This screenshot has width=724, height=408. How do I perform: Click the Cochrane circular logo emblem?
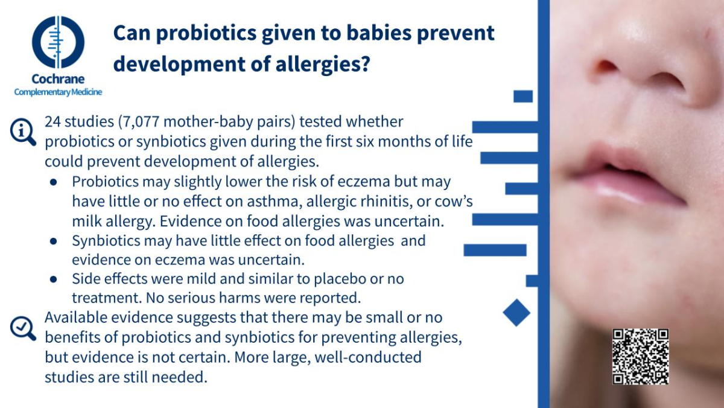58,42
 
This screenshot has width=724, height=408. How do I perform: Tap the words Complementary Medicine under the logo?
58,92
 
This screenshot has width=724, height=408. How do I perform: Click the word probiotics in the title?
206,33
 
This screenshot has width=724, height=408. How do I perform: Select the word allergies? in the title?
323,64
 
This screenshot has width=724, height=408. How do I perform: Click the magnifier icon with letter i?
23,132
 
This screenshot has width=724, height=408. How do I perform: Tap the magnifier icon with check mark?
23,328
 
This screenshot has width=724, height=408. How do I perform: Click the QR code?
641,357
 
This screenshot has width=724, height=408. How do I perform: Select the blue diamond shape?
516,313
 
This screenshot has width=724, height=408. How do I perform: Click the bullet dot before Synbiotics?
53,241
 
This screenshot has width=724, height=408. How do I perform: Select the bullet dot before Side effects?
53,279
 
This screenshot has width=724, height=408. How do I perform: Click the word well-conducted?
368,357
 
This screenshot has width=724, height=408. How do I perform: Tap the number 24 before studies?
52,122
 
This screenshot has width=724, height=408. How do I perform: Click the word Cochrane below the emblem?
58,79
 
